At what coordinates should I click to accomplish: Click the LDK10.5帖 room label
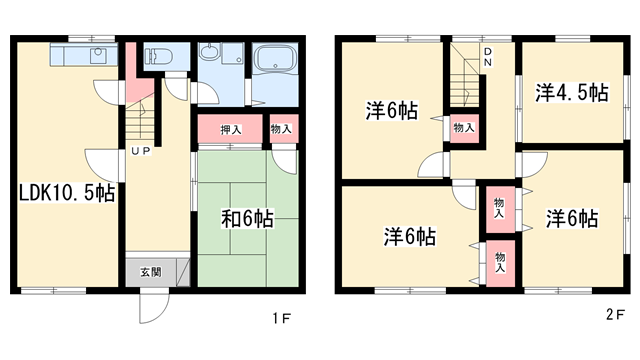66,193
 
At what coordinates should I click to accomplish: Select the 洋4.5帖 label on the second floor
570,93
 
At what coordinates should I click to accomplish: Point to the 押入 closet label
231,129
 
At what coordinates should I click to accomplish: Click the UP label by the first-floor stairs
140,151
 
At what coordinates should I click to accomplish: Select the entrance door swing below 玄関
149,306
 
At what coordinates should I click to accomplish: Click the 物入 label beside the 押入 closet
280,129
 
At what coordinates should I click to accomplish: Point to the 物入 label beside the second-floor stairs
463,127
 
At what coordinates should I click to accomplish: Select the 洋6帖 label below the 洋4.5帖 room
572,218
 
